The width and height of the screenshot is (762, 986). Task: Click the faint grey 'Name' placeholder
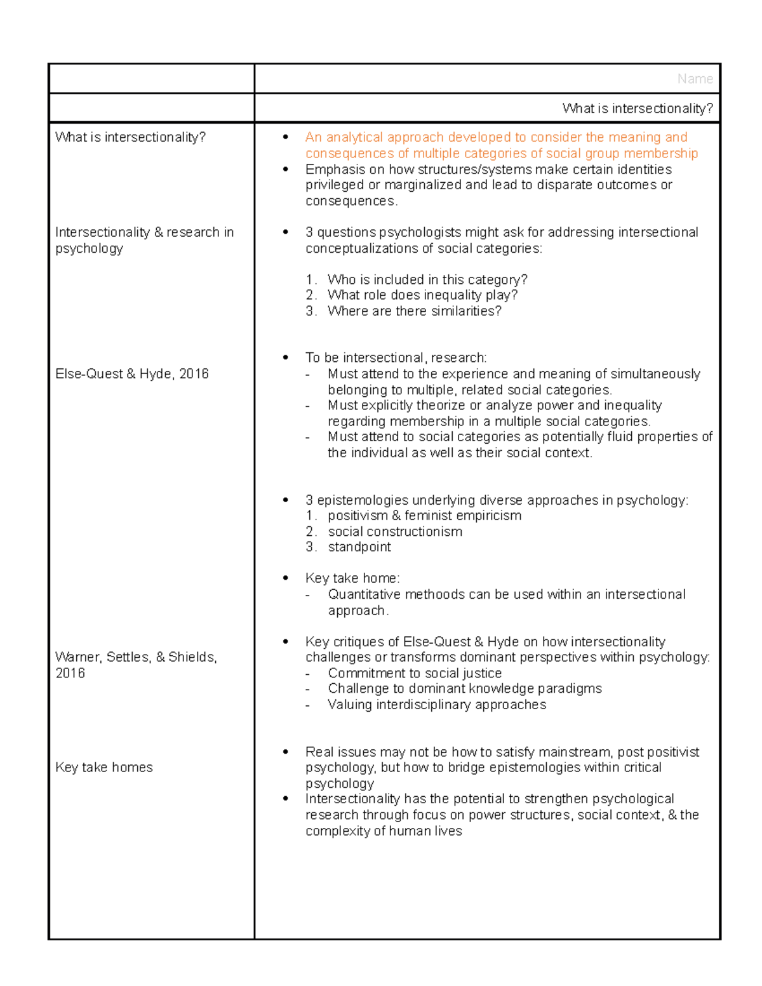695,79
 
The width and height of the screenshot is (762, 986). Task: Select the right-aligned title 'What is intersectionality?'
637,109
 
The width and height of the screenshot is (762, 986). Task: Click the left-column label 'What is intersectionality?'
130,137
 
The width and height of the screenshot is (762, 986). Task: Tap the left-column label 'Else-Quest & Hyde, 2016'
132,374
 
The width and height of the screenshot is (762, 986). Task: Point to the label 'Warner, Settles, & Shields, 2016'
136,665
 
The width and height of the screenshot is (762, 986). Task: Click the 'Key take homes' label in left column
104,768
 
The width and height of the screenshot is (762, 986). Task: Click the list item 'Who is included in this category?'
427,280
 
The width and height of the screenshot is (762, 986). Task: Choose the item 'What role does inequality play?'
422,295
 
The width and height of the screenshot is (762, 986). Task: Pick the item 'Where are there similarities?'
414,311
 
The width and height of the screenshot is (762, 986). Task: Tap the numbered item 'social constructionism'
395,532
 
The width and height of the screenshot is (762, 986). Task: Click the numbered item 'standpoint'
359,547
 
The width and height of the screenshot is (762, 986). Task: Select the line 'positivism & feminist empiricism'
424,516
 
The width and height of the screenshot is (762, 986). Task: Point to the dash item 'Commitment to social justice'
415,674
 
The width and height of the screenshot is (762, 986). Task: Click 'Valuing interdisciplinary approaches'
437,705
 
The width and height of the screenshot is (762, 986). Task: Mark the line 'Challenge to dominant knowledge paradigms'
465,689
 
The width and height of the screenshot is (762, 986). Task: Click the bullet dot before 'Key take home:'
286,578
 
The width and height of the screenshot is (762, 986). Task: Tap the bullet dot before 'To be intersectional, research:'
286,358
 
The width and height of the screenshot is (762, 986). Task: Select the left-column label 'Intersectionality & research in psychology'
144,241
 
